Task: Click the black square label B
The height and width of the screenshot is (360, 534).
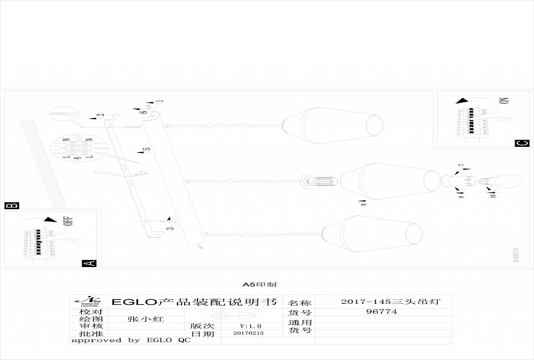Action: click(11, 205)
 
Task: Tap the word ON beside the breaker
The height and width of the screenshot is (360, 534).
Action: click(504, 101)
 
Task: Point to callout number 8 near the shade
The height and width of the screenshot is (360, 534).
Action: click(363, 204)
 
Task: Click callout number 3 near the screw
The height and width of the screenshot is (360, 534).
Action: click(171, 228)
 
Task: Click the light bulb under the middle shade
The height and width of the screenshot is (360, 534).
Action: click(502, 181)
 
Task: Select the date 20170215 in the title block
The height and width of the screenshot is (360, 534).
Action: click(248, 333)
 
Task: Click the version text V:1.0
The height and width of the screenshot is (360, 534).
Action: click(250, 326)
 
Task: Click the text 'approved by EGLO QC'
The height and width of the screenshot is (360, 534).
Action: click(131, 340)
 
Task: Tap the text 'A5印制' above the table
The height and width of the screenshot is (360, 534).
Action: click(260, 284)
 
